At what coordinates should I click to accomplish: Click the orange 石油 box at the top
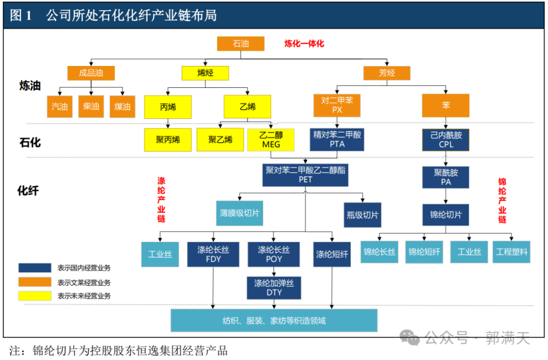(241, 44)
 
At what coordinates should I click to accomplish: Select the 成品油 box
(91, 73)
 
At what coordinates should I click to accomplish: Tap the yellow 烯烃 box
(205, 73)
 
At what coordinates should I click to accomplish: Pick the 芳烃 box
(387, 73)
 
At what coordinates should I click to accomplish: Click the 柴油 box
(91, 106)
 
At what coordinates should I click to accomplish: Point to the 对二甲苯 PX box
(337, 105)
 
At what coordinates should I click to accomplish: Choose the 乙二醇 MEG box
(271, 140)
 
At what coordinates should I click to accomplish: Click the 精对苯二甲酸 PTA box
(337, 140)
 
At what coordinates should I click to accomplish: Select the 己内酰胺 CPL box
(446, 140)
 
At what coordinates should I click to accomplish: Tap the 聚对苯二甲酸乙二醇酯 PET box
(305, 175)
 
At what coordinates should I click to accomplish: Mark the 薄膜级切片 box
(239, 213)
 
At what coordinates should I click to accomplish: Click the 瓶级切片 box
(362, 215)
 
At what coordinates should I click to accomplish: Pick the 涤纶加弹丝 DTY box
(274, 288)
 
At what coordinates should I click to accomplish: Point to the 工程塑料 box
(511, 252)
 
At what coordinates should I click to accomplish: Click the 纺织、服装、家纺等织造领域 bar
(274, 320)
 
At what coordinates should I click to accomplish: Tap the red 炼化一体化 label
(304, 44)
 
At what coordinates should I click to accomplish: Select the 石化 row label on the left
(30, 142)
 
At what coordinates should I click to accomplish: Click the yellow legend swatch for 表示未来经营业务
(35, 296)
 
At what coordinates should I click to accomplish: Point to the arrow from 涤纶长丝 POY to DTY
(274, 272)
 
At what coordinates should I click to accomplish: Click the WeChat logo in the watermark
(409, 338)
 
